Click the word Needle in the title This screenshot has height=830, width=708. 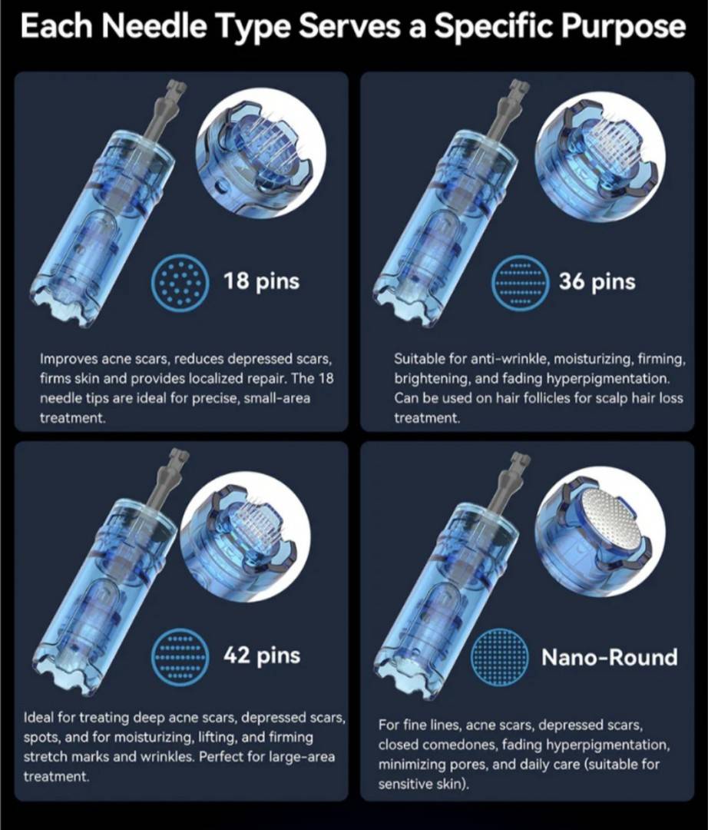[154, 27]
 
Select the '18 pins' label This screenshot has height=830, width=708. [261, 281]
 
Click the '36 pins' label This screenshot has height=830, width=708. [597, 281]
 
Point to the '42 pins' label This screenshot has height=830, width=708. [262, 656]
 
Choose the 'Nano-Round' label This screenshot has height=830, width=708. [609, 657]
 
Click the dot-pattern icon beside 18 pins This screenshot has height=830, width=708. [180, 284]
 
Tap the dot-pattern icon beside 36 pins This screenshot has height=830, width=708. [518, 284]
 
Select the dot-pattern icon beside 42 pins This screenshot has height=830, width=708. [180, 658]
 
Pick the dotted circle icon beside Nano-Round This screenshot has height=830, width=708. [499, 658]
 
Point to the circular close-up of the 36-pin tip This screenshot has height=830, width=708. [600, 155]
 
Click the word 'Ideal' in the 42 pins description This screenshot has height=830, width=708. [38, 718]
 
